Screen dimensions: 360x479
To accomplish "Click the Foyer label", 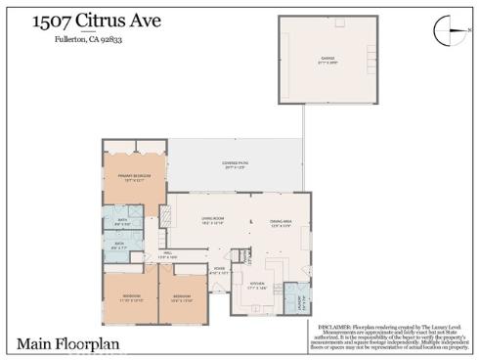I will pos(219,270).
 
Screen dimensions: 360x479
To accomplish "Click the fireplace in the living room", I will pos(251,225).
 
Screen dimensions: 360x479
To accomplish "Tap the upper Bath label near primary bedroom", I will pos(123,221).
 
